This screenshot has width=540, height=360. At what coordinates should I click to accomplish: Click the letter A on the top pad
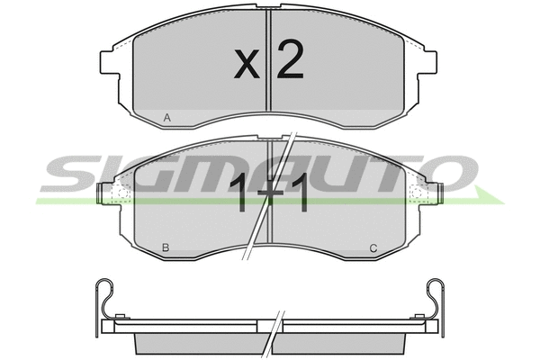click(167, 118)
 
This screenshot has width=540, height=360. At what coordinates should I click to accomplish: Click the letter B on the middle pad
click(166, 247)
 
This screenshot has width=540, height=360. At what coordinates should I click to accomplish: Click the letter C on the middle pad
click(373, 247)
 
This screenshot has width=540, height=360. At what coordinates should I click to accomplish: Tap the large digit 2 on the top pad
click(291, 58)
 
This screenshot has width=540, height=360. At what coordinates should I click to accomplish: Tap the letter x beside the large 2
click(247, 63)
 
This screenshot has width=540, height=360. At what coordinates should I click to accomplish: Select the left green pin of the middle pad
click(100, 193)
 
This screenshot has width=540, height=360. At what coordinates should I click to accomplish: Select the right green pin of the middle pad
click(439, 193)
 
